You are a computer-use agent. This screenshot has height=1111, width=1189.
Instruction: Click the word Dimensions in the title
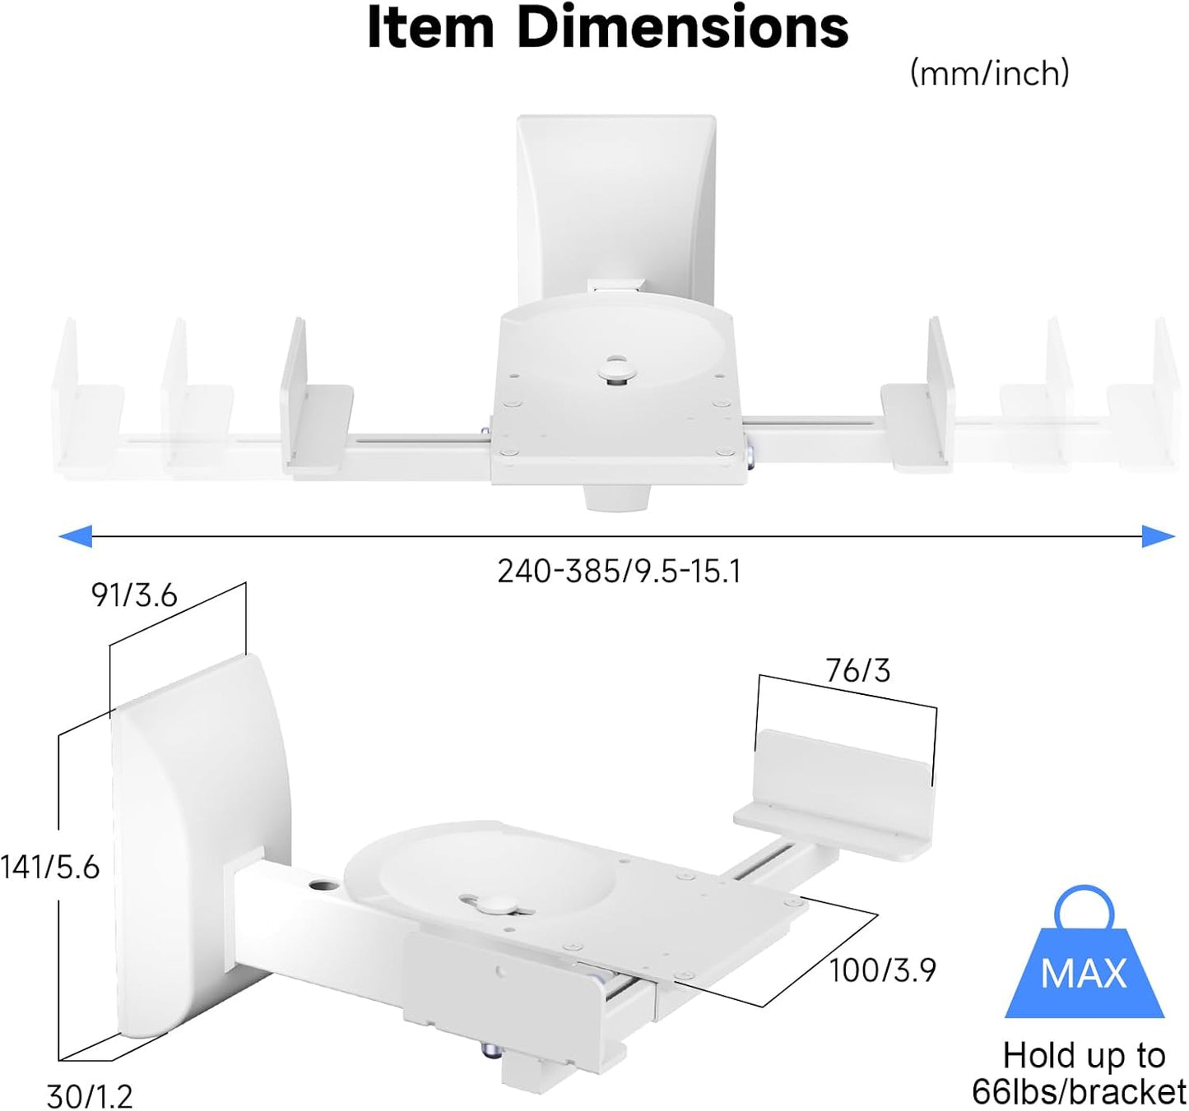pyautogui.click(x=682, y=28)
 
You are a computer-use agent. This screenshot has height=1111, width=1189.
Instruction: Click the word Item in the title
pyautogui.click(x=430, y=28)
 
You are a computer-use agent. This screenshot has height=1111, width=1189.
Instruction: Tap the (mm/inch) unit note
pyautogui.click(x=989, y=74)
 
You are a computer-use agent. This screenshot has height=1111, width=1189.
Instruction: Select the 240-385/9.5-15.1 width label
pyautogui.click(x=619, y=571)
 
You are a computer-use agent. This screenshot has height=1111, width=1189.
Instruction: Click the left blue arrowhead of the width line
pyautogui.click(x=75, y=536)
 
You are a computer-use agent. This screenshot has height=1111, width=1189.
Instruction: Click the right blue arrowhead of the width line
pyautogui.click(x=1159, y=536)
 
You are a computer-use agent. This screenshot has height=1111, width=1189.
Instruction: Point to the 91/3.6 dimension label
pyautogui.click(x=134, y=595)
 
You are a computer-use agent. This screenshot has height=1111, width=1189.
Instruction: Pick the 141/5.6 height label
pyautogui.click(x=50, y=867)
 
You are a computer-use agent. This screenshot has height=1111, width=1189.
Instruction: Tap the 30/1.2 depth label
pyautogui.click(x=90, y=1096)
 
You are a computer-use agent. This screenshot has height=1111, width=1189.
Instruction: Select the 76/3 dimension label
pyautogui.click(x=858, y=671)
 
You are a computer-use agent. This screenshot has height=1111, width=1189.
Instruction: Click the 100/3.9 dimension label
pyautogui.click(x=882, y=970)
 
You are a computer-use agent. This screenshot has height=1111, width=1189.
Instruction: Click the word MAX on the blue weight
pyautogui.click(x=1083, y=974)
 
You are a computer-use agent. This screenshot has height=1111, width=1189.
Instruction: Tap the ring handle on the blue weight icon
pyautogui.click(x=1084, y=908)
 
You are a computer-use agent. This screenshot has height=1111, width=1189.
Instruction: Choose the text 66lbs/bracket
pyautogui.click(x=1079, y=1092)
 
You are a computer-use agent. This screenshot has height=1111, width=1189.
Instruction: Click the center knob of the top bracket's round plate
pyautogui.click(x=615, y=368)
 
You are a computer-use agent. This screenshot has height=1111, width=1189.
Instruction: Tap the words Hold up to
pyautogui.click(x=1084, y=1056)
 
